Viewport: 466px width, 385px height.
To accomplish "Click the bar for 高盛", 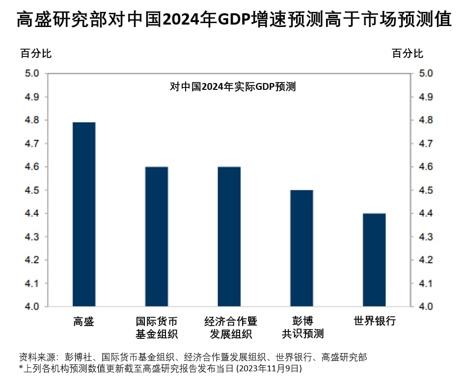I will click(x=83, y=214).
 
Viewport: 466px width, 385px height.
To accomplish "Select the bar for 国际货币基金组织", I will click(x=156, y=237).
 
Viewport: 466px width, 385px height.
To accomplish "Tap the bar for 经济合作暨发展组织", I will click(x=229, y=237).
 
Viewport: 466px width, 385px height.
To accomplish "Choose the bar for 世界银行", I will click(x=374, y=260).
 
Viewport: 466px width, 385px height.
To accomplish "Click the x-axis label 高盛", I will click(x=83, y=322).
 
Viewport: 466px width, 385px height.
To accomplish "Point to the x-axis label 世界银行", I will click(x=374, y=322).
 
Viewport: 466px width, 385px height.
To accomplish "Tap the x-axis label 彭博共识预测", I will click(x=302, y=328).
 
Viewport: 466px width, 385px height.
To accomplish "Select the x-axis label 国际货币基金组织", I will click(x=156, y=328).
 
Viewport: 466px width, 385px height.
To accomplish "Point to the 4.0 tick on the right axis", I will click(x=425, y=306).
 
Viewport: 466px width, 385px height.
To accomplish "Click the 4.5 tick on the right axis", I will click(x=425, y=190).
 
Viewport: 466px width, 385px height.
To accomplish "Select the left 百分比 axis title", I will click(x=36, y=54).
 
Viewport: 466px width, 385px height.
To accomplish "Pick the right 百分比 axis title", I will click(x=407, y=54).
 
